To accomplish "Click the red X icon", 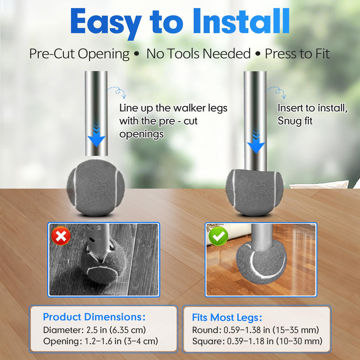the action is pyautogui.click(x=61, y=236).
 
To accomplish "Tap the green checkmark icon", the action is pyautogui.click(x=218, y=236).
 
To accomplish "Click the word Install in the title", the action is pyautogui.click(x=241, y=21).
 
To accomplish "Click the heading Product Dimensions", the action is pyautogui.click(x=94, y=317).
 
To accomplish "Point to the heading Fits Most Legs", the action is pyautogui.click(x=227, y=318).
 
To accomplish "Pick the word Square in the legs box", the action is pyautogui.click(x=207, y=341).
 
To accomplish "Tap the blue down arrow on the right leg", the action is pyautogui.click(x=256, y=141).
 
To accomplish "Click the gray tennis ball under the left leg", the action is pyautogui.click(x=96, y=188).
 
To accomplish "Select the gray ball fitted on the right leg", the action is pyautogui.click(x=255, y=192).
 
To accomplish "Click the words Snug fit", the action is pyautogui.click(x=295, y=121).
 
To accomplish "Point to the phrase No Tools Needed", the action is pyautogui.click(x=198, y=54).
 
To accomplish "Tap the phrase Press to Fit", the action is pyautogui.click(x=297, y=54).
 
